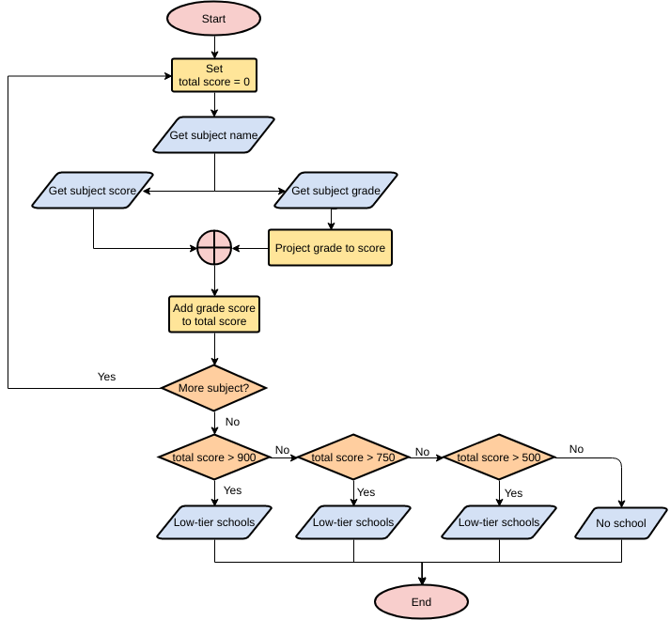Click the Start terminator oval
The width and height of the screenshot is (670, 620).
[214, 19]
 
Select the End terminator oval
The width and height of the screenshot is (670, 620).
[421, 602]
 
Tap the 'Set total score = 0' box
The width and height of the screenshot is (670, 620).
[214, 76]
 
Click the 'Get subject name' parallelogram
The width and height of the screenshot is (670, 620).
[214, 135]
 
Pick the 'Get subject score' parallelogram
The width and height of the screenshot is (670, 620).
[92, 192]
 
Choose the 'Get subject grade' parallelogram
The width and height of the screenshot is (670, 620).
[335, 192]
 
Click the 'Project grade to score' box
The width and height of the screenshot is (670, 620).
[330, 248]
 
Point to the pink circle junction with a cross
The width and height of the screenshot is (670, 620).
[214, 248]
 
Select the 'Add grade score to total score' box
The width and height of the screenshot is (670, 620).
[214, 315]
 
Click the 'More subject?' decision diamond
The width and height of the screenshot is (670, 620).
[214, 387]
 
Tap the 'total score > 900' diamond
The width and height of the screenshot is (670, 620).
[214, 457]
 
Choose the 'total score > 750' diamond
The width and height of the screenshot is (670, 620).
[353, 457]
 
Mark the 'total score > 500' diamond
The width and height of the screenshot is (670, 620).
[499, 457]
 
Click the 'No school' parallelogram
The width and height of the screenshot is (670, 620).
[621, 523]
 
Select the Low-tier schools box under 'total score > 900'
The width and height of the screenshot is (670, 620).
[214, 522]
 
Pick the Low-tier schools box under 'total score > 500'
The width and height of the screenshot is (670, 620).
[499, 522]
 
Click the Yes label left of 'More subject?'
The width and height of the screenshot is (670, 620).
[107, 377]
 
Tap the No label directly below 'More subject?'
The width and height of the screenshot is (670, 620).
[233, 422]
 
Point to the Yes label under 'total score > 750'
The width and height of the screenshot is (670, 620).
[366, 492]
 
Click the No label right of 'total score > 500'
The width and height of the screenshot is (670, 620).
[576, 449]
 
